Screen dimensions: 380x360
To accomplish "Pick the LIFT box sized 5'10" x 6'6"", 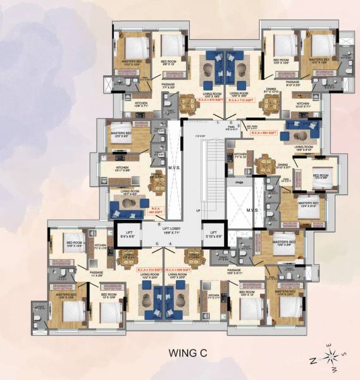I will pos(213,234).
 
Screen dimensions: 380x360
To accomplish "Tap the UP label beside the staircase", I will pos(197,210).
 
